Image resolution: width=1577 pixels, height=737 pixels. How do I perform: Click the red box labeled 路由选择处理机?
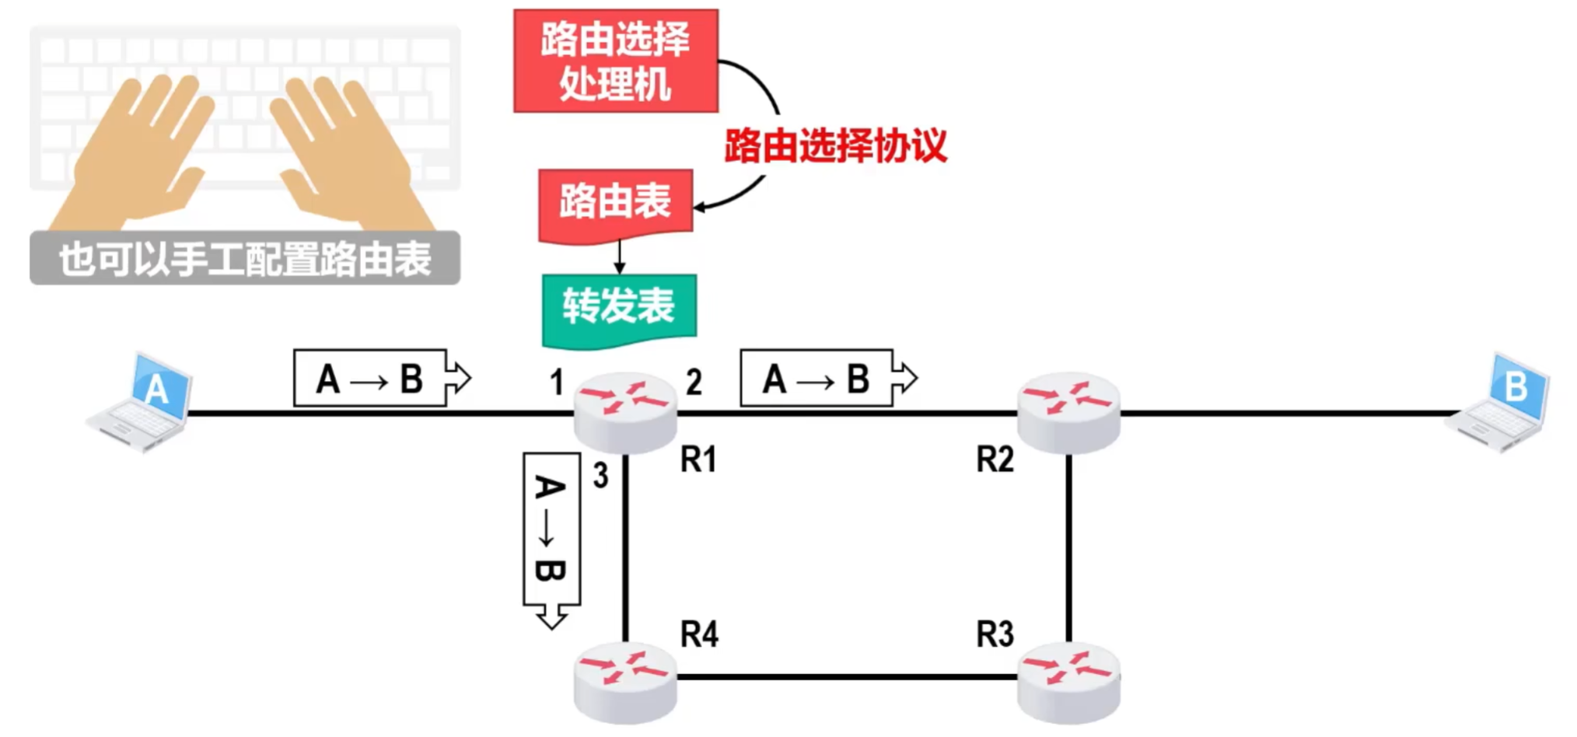coord(615,61)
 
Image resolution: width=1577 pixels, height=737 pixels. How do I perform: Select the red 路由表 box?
coord(615,201)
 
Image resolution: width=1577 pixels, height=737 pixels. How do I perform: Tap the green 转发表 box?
coord(618,307)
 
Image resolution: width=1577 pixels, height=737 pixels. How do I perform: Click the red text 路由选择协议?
coord(835,145)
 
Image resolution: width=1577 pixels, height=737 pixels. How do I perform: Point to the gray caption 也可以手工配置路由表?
coord(245,259)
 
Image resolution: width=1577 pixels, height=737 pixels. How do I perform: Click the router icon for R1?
coord(625,412)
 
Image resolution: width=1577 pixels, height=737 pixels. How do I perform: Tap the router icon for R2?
coord(1069,412)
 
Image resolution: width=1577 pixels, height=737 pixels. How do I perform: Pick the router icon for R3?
coord(1069,682)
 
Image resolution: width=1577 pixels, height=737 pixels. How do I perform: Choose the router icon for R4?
coord(625,682)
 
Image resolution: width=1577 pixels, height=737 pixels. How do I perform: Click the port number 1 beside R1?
coord(556,382)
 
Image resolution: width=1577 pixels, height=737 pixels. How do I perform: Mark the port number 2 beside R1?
coord(694,382)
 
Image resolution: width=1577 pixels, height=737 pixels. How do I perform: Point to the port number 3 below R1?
coord(600,476)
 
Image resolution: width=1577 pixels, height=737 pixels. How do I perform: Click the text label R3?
coord(995,634)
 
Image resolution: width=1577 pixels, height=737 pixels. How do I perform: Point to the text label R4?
coord(699,634)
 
